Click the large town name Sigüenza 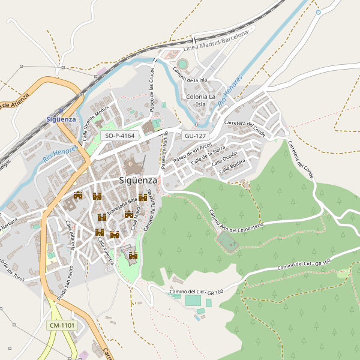(x=138, y=180)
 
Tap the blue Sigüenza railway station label (x=61, y=119)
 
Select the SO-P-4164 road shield (x=120, y=136)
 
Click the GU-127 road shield (x=196, y=136)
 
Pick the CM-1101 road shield (x=62, y=326)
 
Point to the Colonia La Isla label (x=201, y=100)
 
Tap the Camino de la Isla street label (x=190, y=75)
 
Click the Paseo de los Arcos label (x=192, y=154)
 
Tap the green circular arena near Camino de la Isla (x=182, y=64)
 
